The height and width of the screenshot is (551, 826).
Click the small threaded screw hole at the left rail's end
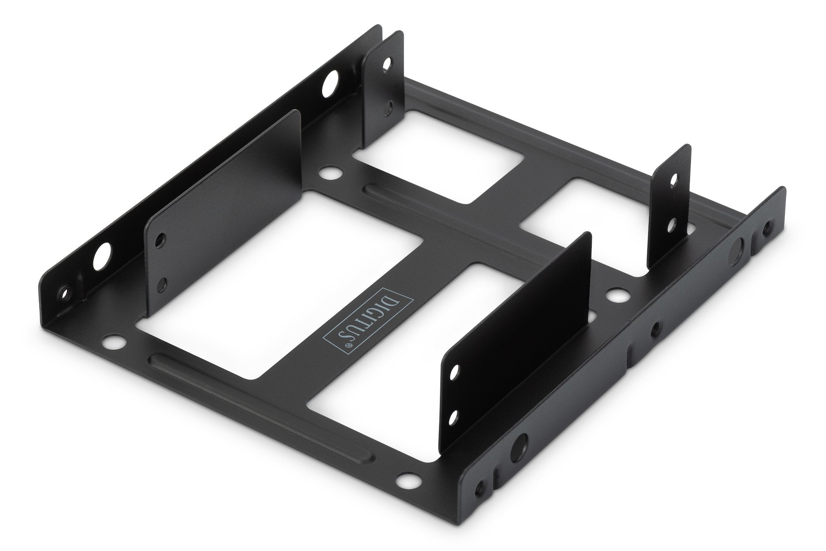[x=64, y=294]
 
